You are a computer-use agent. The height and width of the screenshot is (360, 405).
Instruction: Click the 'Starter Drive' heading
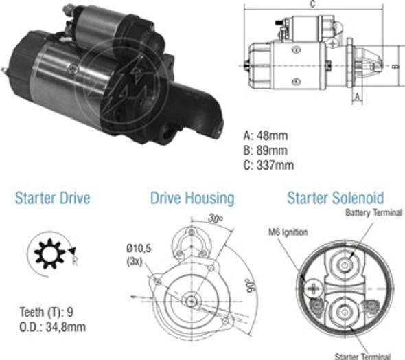tap(52, 199)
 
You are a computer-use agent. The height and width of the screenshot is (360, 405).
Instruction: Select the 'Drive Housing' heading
tap(192, 199)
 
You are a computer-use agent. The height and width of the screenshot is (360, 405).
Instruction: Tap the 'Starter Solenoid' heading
tap(335, 199)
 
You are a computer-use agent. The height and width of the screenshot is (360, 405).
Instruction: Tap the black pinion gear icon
tap(48, 255)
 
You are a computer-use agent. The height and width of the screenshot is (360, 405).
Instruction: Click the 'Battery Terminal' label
tap(373, 214)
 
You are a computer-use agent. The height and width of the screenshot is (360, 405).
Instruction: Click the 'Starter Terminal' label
tap(362, 355)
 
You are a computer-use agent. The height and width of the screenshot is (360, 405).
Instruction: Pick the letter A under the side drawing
tap(356, 98)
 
